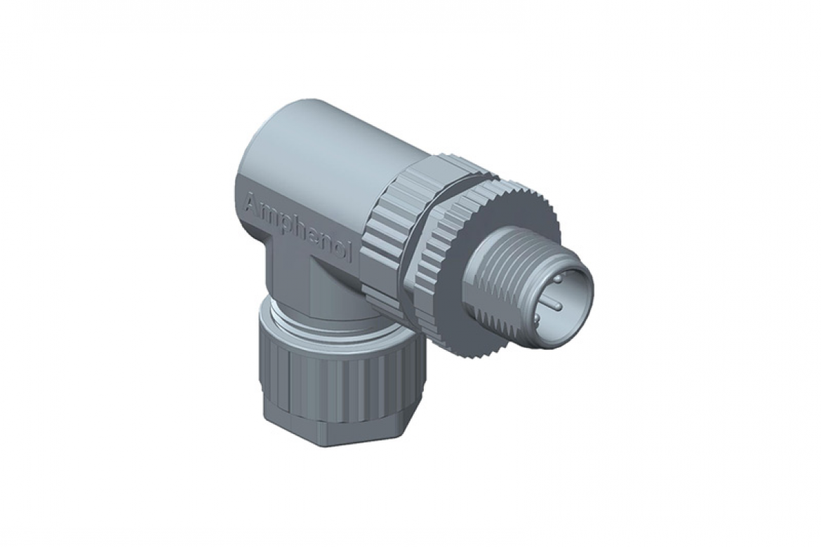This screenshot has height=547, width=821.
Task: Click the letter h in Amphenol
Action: [300, 227]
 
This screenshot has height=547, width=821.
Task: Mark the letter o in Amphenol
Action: [339, 248]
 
